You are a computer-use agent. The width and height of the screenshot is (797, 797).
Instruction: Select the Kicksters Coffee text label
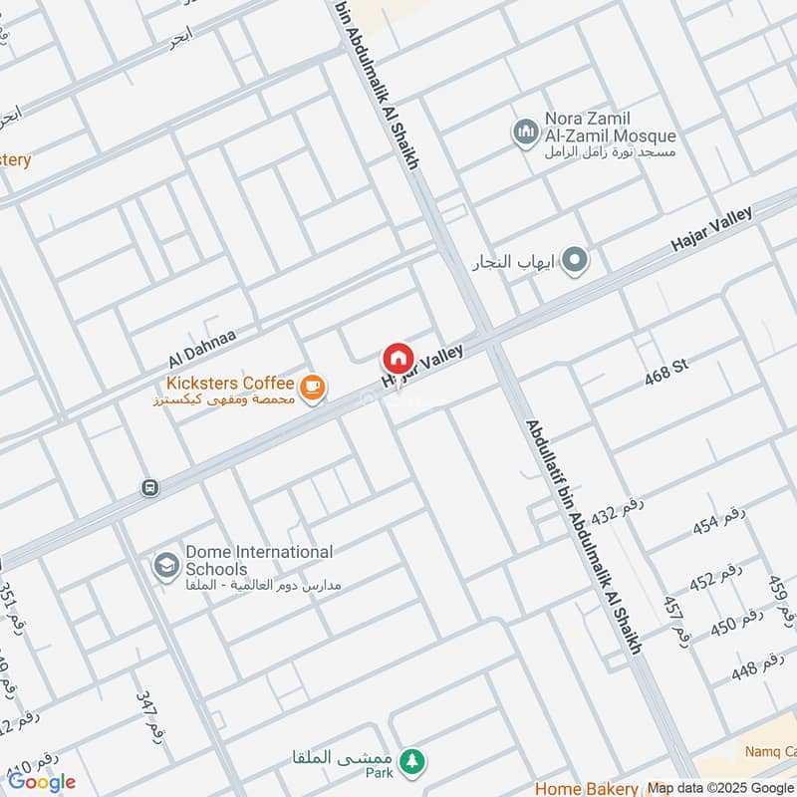click(x=231, y=384)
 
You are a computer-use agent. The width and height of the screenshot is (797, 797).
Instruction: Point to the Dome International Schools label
click(x=257, y=560)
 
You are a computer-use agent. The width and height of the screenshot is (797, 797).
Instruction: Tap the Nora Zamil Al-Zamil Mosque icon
click(x=525, y=132)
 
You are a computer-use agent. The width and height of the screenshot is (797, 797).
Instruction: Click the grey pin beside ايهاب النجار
click(x=574, y=261)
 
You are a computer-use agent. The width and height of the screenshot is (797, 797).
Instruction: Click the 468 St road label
click(x=666, y=373)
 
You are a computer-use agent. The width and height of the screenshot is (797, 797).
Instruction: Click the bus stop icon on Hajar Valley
click(x=149, y=487)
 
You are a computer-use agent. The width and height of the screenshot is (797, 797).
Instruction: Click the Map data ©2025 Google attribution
click(x=721, y=787)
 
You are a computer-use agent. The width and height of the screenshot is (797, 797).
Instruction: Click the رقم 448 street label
click(x=757, y=667)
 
